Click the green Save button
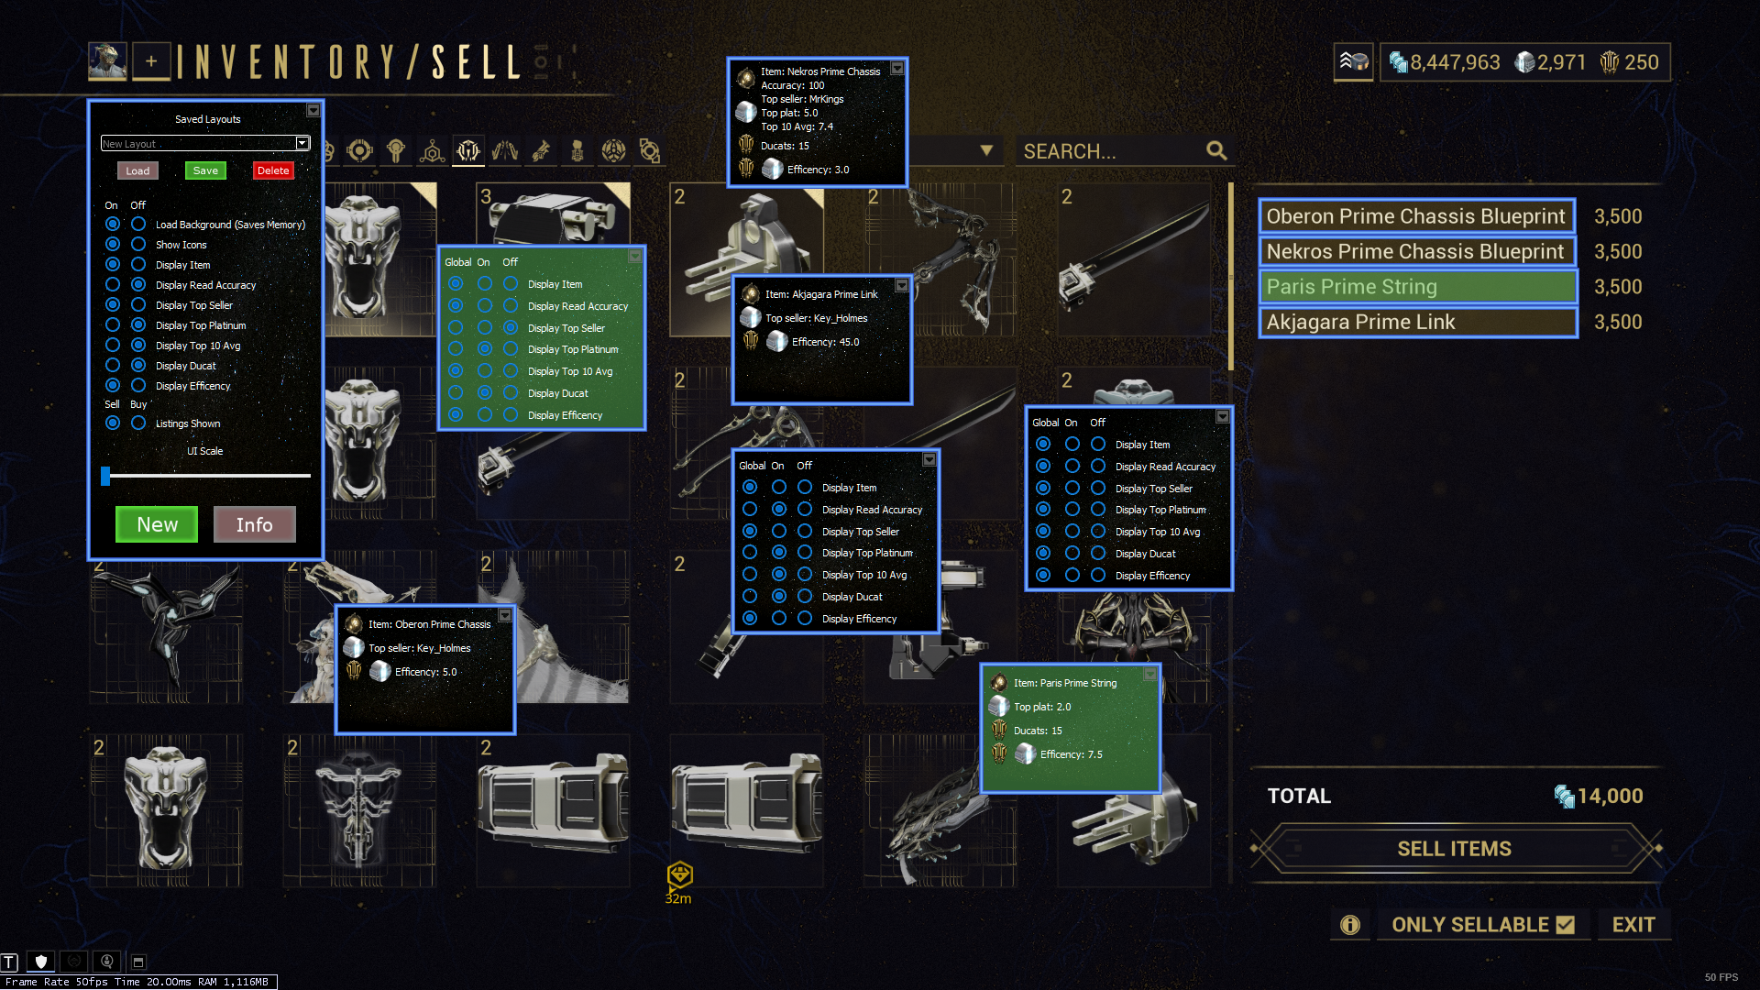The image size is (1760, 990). (x=205, y=170)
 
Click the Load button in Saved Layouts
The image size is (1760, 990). (x=137, y=170)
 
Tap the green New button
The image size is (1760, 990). (x=157, y=524)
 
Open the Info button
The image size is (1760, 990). (x=254, y=524)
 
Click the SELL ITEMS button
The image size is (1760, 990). (x=1454, y=849)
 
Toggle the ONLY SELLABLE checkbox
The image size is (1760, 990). (x=1566, y=925)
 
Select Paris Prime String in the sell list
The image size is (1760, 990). (x=1417, y=287)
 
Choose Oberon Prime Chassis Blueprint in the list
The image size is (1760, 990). (x=1417, y=216)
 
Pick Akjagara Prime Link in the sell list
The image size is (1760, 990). (x=1417, y=322)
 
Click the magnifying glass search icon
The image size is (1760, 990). (x=1216, y=150)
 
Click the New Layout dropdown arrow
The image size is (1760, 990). (x=302, y=143)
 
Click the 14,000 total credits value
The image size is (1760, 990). (x=1610, y=796)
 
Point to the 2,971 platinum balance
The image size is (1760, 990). (x=1561, y=62)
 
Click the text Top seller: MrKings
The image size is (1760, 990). (x=802, y=99)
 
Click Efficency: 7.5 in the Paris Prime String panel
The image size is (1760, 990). (x=1071, y=754)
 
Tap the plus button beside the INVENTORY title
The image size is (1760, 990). (x=151, y=61)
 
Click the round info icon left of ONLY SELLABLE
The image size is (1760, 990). (x=1350, y=925)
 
